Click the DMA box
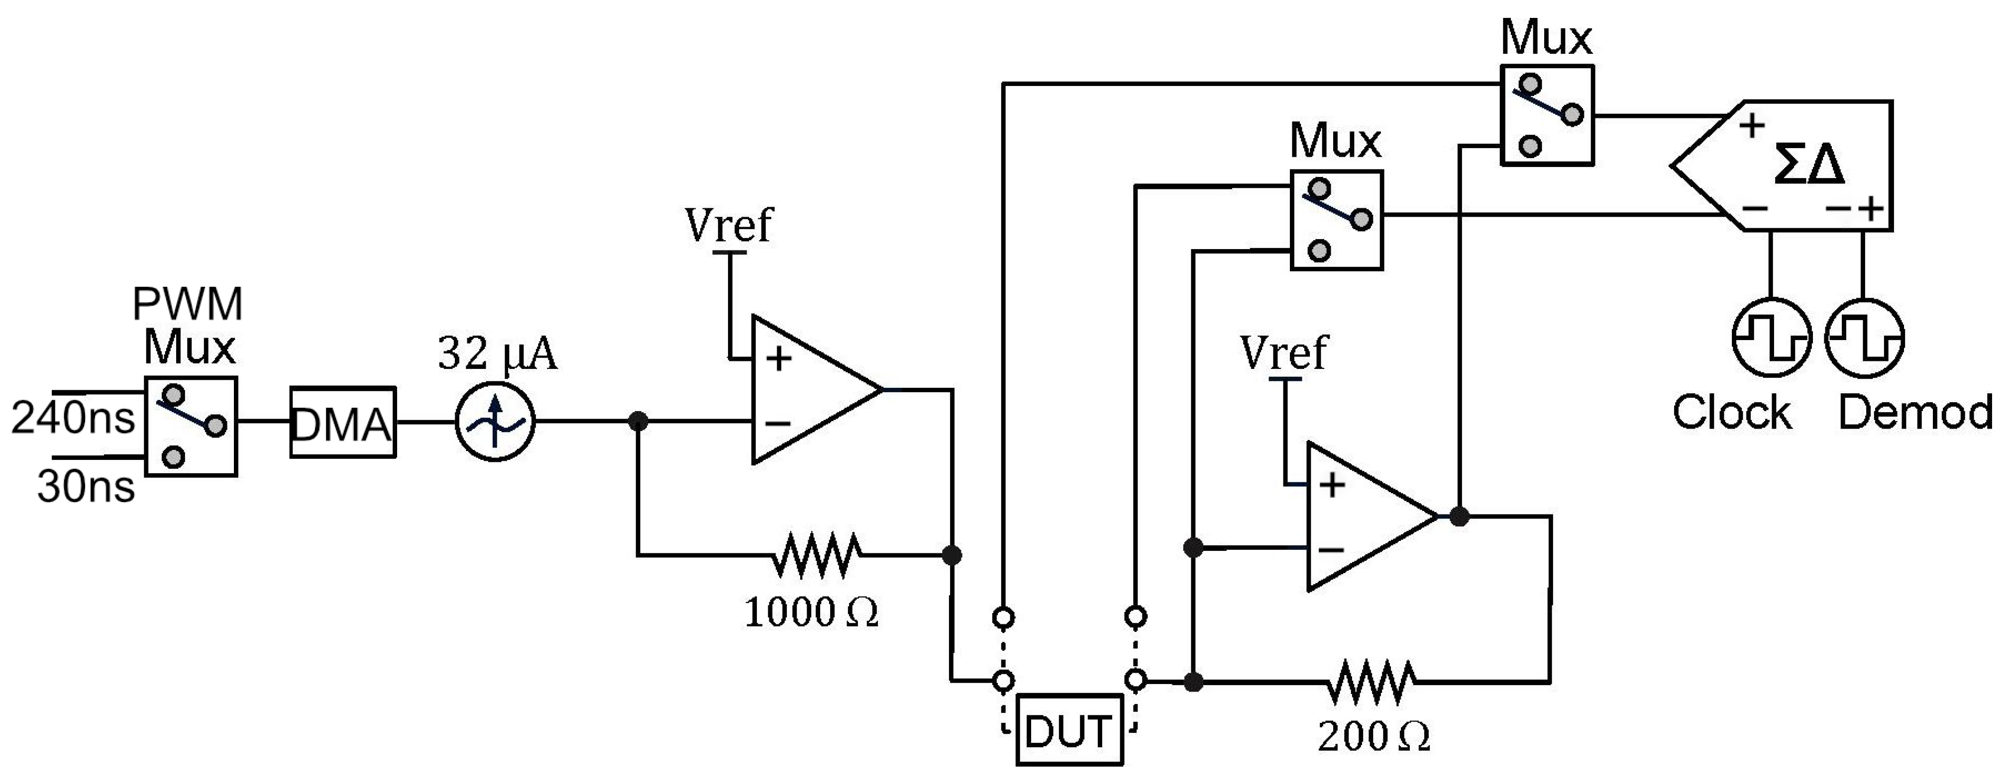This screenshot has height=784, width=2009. coord(342,423)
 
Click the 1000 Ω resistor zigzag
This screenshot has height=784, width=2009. coord(817,555)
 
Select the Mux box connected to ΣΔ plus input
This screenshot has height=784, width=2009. coord(1547,115)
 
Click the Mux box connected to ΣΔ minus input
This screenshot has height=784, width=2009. coord(1337,221)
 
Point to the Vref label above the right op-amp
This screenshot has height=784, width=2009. coord(1283,352)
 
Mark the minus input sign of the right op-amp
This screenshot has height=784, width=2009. coord(1331,549)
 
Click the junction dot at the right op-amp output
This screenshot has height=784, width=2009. coord(1459,516)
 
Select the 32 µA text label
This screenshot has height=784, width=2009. coord(498,353)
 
